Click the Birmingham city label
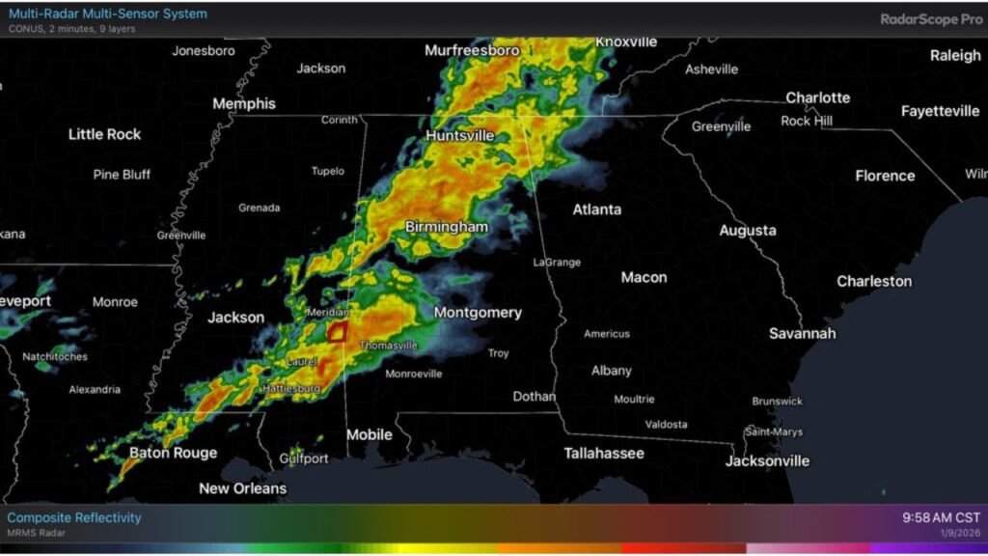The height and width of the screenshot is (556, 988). [447, 226]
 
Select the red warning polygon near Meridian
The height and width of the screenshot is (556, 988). [338, 331]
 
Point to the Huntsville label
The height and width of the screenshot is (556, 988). [459, 136]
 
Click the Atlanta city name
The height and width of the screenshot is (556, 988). [597, 209]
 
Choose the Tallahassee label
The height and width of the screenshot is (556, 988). [604, 453]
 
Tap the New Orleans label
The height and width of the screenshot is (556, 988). [242, 488]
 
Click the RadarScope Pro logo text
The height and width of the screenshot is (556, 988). [931, 18]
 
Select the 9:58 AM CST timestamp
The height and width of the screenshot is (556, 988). [941, 517]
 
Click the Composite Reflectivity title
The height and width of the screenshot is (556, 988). [74, 517]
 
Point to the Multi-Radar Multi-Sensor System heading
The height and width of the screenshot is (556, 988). [107, 14]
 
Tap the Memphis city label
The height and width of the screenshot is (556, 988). [243, 104]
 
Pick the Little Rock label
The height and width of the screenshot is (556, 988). [104, 134]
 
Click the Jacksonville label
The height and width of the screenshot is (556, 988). [767, 460]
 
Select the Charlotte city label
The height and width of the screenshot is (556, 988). [817, 97]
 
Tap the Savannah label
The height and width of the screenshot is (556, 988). [802, 333]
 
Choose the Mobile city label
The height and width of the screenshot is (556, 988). [369, 434]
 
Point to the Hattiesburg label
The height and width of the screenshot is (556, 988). [292, 388]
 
